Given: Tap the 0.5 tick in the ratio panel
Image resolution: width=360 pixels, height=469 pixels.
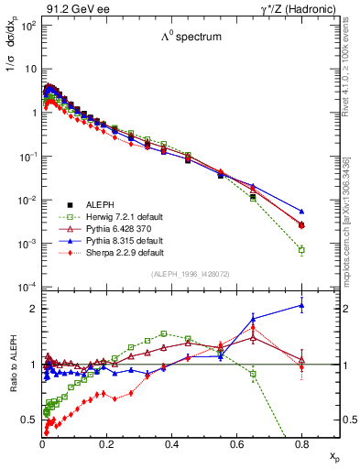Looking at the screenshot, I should click(30, 420).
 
